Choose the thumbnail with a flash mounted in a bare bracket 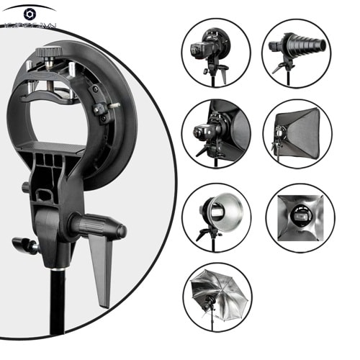[x=215, y=51]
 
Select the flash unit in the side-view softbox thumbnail [x=204, y=132]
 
